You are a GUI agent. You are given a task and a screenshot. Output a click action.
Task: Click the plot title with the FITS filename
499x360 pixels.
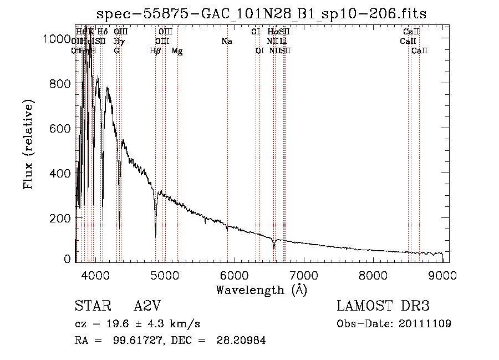click(261, 14)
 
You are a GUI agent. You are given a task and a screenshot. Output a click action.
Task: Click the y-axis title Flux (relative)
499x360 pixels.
click(29, 144)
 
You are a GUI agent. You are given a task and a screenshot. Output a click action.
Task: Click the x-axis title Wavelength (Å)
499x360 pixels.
click(261, 290)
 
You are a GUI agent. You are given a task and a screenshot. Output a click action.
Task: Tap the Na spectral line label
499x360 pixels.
click(226, 42)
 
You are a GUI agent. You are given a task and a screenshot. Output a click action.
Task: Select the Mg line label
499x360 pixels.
click(177, 51)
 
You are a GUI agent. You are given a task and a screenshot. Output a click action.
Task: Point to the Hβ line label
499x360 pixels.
click(155, 51)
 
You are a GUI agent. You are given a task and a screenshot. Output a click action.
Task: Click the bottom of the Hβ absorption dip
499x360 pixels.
click(156, 235)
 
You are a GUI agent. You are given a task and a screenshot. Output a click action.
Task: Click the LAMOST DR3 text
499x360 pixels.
click(383, 306)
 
